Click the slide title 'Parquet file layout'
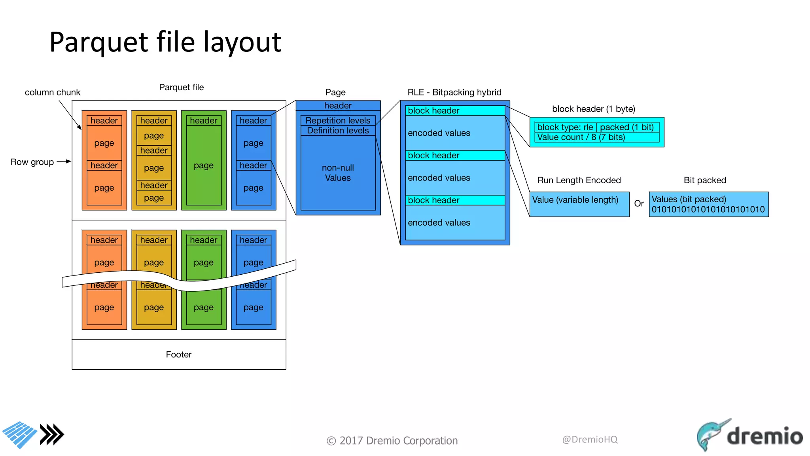coord(165,42)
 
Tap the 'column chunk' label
coord(53,92)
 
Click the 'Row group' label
coord(32,162)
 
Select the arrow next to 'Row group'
coord(64,161)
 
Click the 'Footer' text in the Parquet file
coord(178,354)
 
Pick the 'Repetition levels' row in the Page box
coord(338,120)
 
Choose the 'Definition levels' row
coord(338,131)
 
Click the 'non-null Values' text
coord(338,173)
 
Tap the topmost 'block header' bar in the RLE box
coord(455,111)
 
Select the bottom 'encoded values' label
coord(439,222)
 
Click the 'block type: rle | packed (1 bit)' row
coord(596,127)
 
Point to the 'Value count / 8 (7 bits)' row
coord(596,137)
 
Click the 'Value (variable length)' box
coord(579,204)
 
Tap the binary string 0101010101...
coord(708,209)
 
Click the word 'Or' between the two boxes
coord(639,203)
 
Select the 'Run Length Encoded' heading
coord(579,180)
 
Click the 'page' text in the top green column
coord(203,165)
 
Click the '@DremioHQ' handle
coord(590,439)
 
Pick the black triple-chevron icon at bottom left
coord(52,435)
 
